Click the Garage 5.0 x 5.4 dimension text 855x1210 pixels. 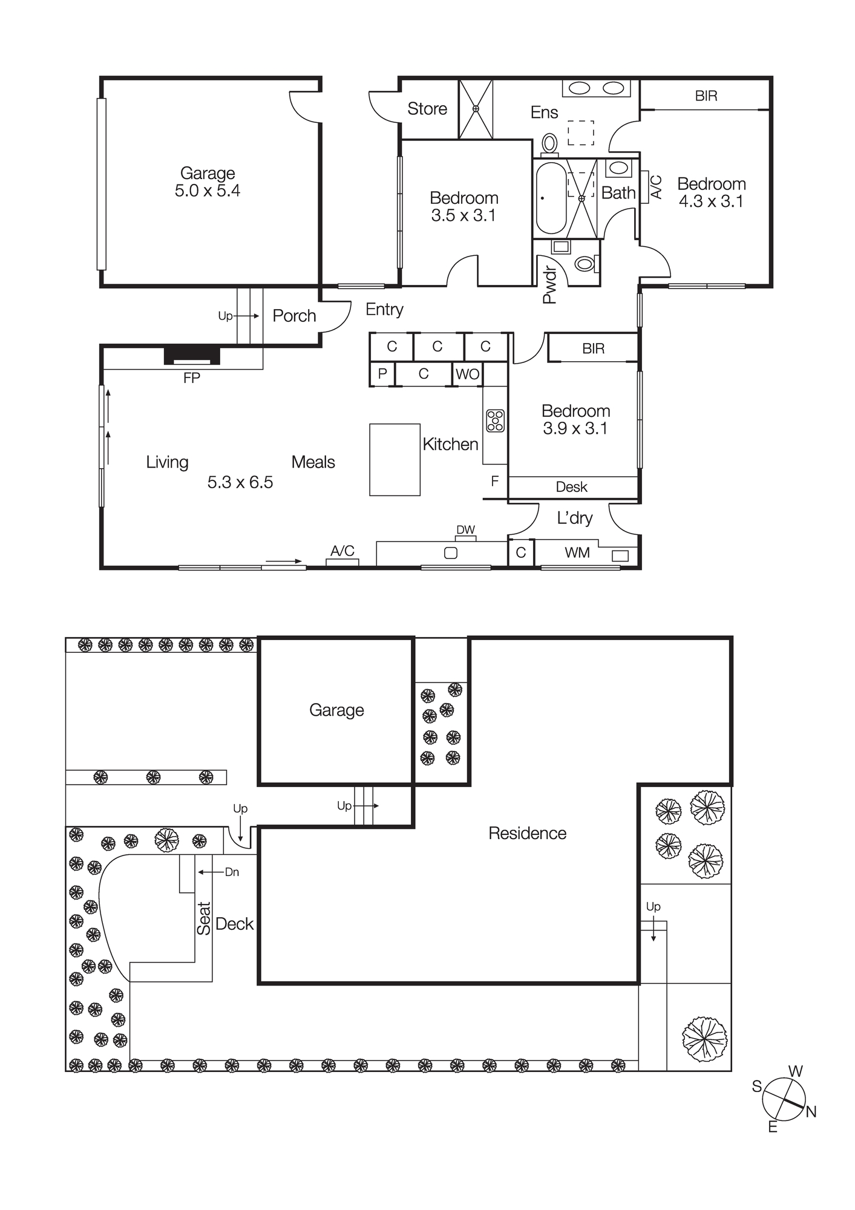tap(207, 191)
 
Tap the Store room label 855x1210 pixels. tap(427, 109)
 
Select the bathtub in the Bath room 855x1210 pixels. tap(550, 198)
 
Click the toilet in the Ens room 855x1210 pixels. tap(549, 144)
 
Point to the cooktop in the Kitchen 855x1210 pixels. tap(495, 420)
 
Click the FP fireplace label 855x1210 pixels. tap(191, 378)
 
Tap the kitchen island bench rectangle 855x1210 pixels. tap(395, 460)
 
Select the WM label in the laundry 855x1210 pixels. tap(577, 552)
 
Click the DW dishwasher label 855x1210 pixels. tap(465, 530)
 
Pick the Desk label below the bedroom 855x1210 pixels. tap(571, 487)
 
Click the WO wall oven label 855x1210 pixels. tap(467, 374)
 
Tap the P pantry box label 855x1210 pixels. tap(382, 374)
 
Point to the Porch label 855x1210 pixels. tap(294, 316)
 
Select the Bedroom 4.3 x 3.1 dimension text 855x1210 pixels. tap(711, 201)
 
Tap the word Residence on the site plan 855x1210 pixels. tap(527, 834)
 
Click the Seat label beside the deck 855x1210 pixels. tap(204, 918)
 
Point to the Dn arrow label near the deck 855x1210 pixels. tap(232, 872)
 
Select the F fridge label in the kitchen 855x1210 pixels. tap(494, 482)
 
